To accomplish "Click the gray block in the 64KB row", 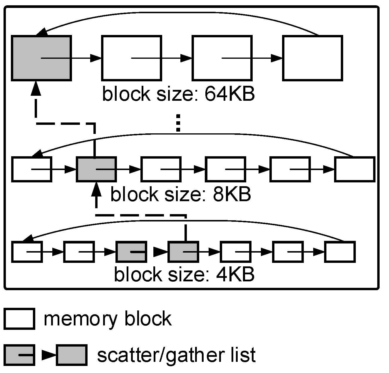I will [41, 58].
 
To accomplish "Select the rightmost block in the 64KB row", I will [312, 58].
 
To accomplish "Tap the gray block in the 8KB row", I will [96, 169].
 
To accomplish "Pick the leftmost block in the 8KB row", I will [32, 169].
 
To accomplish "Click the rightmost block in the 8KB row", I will [355, 169].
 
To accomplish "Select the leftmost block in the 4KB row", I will [27, 252].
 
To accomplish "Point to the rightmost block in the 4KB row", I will [340, 252].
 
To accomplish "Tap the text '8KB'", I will [232, 194].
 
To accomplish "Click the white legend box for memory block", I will [19, 319].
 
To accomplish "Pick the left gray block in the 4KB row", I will [131, 252].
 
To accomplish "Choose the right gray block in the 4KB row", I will [183, 252].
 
